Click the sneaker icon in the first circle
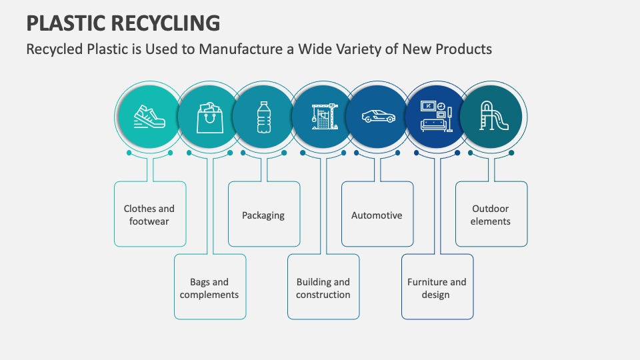pos(148,117)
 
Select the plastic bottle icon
pos(264,117)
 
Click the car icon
pos(379,117)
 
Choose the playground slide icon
pos(494,117)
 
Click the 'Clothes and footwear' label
pos(149,215)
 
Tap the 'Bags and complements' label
pos(209,288)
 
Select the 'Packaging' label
pos(263,215)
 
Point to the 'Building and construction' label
pos(323,288)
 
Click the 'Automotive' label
pos(377,215)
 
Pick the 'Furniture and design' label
pos(437,288)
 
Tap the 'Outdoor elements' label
pos(491,215)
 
